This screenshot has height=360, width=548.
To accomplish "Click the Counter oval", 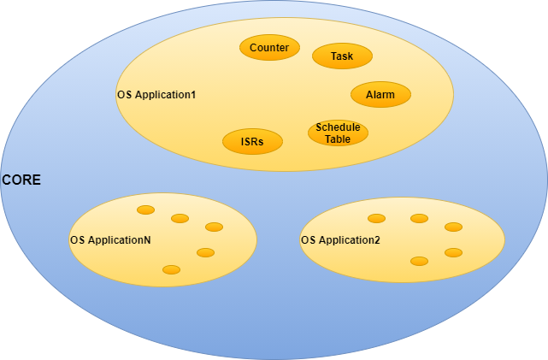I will coord(269,48).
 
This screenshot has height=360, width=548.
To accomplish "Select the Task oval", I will coord(342,56).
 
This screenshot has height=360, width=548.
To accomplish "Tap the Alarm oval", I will coord(380,94).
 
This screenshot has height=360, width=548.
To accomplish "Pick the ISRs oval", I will coord(252,141).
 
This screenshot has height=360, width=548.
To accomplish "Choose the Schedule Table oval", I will coord(338,133).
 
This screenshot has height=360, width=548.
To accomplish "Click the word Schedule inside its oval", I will coord(338,127).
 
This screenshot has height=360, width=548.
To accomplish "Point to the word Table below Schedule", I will coord(338,139).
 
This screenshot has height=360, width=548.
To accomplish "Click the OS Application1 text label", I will coord(156,94).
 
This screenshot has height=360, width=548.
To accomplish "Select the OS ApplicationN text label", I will coord(110,240).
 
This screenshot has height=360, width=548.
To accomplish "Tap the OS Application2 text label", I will coord(340,240).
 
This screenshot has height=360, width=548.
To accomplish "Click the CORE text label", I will coord(21,181).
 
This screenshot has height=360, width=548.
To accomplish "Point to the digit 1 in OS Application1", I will coord(193,94).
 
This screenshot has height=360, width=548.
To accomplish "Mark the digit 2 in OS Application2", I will coord(377,240).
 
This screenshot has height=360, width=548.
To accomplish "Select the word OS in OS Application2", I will coord(308,240).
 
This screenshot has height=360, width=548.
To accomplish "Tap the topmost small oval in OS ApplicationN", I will coord(145,210).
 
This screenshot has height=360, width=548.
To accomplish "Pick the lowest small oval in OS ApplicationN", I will coord(171,269).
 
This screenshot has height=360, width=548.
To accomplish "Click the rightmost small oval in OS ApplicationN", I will coord(214,227).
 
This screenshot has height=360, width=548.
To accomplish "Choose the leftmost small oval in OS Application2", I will coord(376,218).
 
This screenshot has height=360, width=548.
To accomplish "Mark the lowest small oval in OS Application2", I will coord(419,261).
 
